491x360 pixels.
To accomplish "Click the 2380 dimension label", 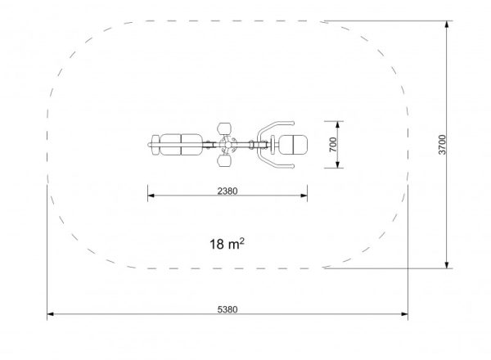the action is click(227, 191).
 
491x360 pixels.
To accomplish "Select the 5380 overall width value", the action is click(227, 309).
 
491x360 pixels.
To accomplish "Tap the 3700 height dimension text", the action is click(442, 145).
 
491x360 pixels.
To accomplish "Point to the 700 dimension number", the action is click(333, 145).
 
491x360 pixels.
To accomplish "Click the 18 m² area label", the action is click(227, 244).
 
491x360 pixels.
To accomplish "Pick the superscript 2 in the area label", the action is click(241, 241).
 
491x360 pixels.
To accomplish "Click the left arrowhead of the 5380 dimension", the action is click(50, 314).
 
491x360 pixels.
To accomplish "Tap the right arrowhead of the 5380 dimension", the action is click(404, 314).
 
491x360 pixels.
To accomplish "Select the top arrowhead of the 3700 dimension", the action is click(447, 25).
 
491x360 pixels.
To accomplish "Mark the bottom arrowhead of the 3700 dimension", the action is click(447, 265).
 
